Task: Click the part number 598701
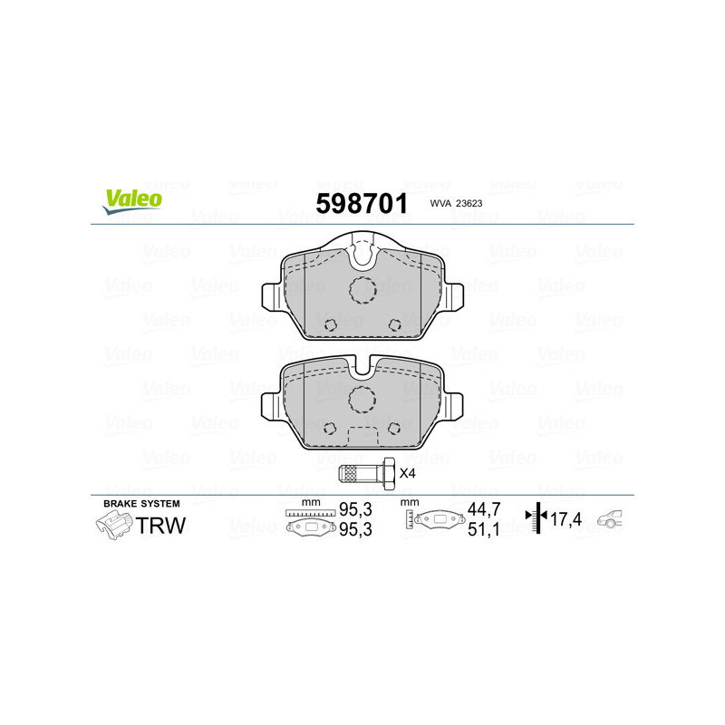click(x=360, y=202)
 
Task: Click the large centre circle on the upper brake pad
click(x=362, y=290)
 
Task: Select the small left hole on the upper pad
click(x=331, y=324)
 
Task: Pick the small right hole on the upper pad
click(x=394, y=324)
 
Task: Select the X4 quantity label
click(x=407, y=473)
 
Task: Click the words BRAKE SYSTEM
click(x=141, y=503)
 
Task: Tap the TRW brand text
click(x=160, y=524)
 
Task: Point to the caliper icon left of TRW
click(x=112, y=524)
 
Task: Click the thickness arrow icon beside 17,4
click(x=538, y=518)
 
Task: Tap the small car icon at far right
click(x=614, y=519)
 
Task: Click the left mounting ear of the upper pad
click(x=270, y=295)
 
